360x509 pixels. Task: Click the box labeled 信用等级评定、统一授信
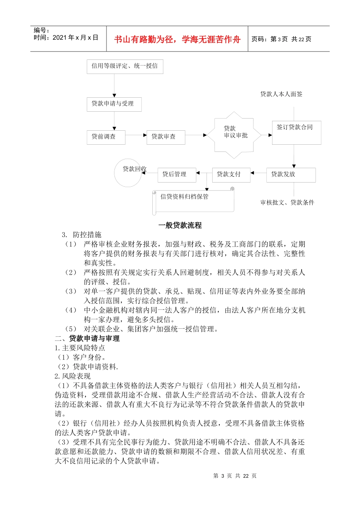click(125, 66)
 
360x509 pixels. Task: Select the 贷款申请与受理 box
click(114, 104)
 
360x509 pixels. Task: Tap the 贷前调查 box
click(106, 137)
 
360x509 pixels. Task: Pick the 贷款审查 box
click(166, 137)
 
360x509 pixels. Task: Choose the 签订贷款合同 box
click(296, 133)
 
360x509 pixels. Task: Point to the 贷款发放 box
click(291, 175)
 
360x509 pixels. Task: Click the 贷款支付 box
click(231, 175)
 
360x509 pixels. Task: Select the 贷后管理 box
click(177, 175)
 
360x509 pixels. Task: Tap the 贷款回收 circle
click(128, 173)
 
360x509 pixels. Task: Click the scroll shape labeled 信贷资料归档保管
click(193, 201)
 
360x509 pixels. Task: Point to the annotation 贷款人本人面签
click(281, 94)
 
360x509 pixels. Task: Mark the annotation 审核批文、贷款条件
click(287, 203)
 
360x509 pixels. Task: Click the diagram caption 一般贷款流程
click(180, 225)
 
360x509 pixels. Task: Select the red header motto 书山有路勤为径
click(177, 39)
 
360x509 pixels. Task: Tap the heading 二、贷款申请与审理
click(87, 338)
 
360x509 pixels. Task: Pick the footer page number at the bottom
click(235, 476)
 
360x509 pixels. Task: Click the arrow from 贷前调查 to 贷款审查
click(136, 135)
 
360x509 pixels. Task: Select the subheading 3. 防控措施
click(82, 235)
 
